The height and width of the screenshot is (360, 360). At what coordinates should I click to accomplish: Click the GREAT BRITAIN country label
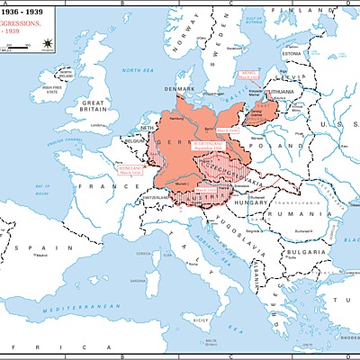pyautogui.click(x=94, y=104)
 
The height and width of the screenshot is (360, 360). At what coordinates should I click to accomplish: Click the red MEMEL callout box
pyautogui.click(x=249, y=76)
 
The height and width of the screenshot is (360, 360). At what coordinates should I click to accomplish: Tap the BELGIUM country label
pyautogui.click(x=135, y=141)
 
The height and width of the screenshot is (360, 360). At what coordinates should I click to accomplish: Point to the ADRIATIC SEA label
pyautogui.click(x=211, y=249)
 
